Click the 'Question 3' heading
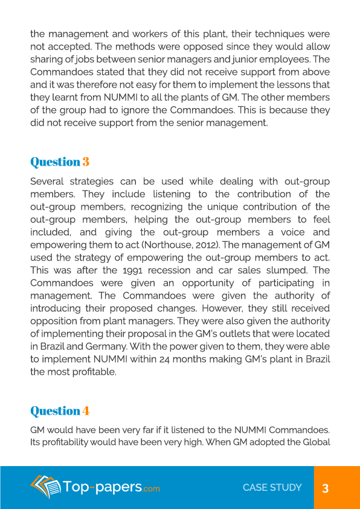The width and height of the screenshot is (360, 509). [60, 161]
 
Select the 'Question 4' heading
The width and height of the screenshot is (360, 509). [60, 410]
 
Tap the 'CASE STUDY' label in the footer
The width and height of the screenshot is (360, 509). [272, 487]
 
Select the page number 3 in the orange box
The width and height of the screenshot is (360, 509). [325, 488]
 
